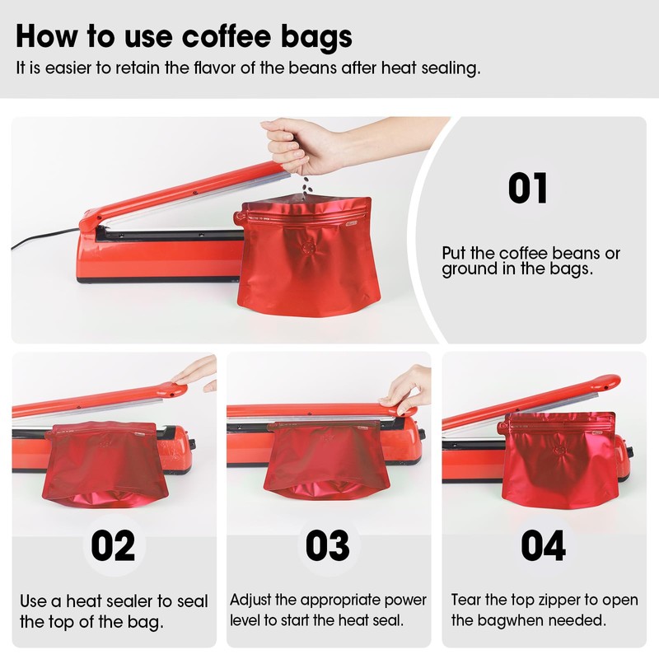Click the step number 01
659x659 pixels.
(527, 188)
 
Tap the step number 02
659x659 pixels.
(114, 545)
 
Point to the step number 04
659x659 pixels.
(543, 545)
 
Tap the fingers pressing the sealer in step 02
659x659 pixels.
(198, 375)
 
